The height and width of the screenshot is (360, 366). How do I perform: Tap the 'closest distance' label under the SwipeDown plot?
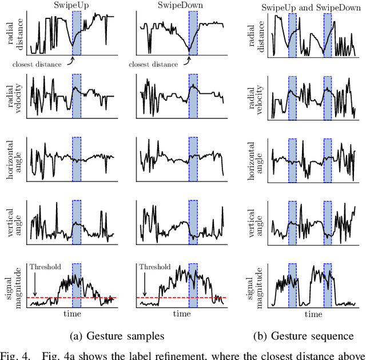pyautogui.click(x=151, y=64)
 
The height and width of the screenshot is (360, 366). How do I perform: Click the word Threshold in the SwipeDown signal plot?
pyautogui.click(x=154, y=267)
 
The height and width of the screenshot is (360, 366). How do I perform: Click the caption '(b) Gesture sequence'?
pyautogui.click(x=309, y=336)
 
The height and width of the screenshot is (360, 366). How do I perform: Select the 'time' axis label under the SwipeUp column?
pyautogui.click(x=72, y=314)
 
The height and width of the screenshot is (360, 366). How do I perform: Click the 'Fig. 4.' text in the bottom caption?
pyautogui.click(x=14, y=355)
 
